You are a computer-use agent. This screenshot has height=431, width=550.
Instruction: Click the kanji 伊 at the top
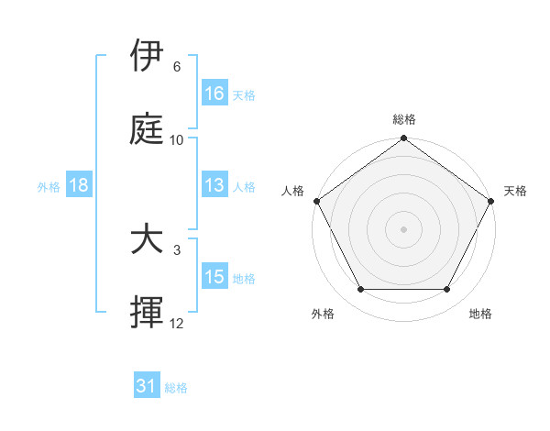[x=148, y=56]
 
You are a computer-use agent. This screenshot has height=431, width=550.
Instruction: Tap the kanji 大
[x=148, y=240]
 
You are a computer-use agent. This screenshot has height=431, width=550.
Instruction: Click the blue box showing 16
[x=214, y=94]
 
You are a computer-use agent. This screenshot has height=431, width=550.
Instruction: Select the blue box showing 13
[x=214, y=186]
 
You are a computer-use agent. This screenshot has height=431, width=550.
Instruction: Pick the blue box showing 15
[x=214, y=278]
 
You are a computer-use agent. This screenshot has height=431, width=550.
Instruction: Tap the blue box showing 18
[x=79, y=186]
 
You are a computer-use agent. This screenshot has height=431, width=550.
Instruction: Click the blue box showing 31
[x=147, y=386]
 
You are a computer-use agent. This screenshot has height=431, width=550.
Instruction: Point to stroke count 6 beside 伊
[x=177, y=67]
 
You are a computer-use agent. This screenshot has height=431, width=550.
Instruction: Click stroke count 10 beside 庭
[x=177, y=140]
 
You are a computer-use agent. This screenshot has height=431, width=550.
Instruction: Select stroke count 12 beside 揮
[x=177, y=325]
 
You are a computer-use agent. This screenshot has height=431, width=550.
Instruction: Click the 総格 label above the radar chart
[x=404, y=120]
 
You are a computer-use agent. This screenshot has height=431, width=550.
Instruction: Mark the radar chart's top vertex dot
[x=404, y=139]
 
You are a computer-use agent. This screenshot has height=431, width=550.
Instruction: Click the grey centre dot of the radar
[x=404, y=228]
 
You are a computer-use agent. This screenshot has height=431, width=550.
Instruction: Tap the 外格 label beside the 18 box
[x=49, y=187]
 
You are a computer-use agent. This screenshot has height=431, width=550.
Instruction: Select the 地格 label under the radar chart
[x=480, y=314]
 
